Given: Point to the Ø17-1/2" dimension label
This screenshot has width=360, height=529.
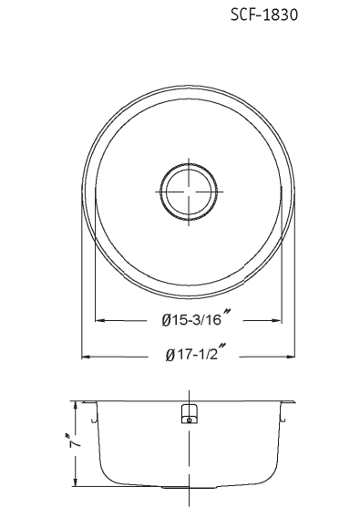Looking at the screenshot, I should coord(196,356).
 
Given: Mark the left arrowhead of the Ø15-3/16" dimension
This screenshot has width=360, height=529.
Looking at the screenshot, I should coord(99,320).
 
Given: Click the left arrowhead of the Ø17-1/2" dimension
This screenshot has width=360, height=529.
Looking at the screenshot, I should coord(87,357).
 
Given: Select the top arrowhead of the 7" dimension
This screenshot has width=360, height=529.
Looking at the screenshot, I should coord(77,405).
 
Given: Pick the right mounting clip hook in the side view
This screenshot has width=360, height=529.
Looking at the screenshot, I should coord(283,418).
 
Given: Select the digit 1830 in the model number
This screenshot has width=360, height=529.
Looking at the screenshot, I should coord(283,16).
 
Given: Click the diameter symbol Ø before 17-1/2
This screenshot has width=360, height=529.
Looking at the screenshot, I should coord(170,356).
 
